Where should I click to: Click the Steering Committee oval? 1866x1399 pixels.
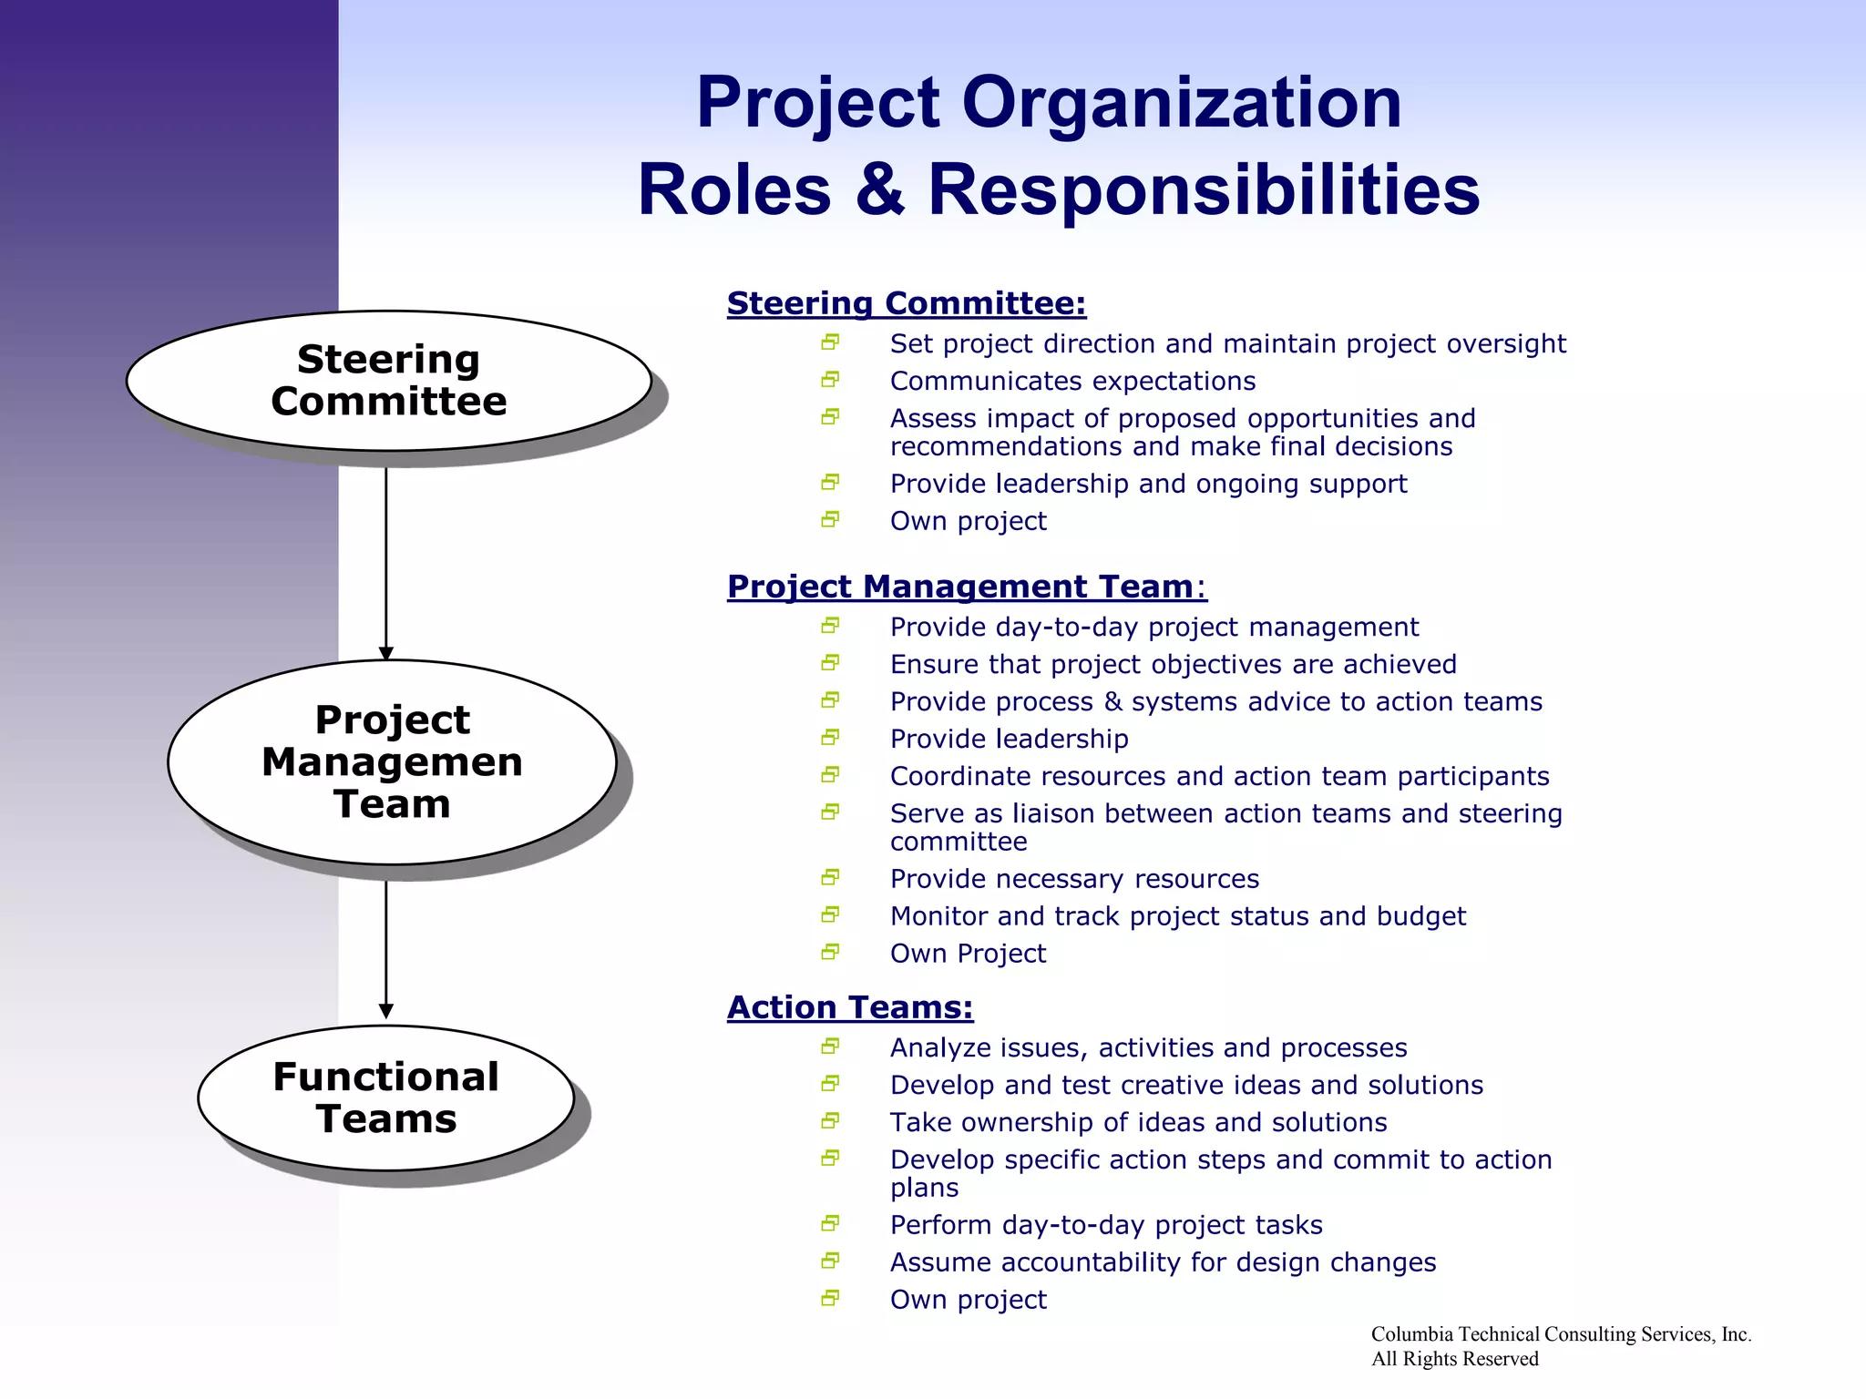pos(389,381)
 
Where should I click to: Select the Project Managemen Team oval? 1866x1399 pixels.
pos(392,761)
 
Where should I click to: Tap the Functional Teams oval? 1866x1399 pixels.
pos(385,1098)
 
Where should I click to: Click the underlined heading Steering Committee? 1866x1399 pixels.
pos(907,303)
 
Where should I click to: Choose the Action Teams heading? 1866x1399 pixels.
pos(850,1007)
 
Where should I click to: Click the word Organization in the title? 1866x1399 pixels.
pos(1181,102)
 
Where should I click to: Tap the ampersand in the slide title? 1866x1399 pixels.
pos(880,189)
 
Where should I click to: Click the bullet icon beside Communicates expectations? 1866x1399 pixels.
pos(829,380)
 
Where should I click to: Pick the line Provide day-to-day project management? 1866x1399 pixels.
pos(1153,628)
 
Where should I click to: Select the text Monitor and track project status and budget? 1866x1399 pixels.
pos(1177,916)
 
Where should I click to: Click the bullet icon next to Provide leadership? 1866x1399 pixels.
pos(829,738)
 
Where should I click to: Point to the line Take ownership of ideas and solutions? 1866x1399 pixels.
pos(1138,1122)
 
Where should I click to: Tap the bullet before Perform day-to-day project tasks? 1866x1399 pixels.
pos(829,1224)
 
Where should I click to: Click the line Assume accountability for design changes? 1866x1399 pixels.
pos(1163,1262)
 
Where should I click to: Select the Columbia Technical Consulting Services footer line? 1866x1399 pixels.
pos(1560,1334)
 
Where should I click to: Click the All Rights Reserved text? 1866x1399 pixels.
pos(1454,1359)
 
